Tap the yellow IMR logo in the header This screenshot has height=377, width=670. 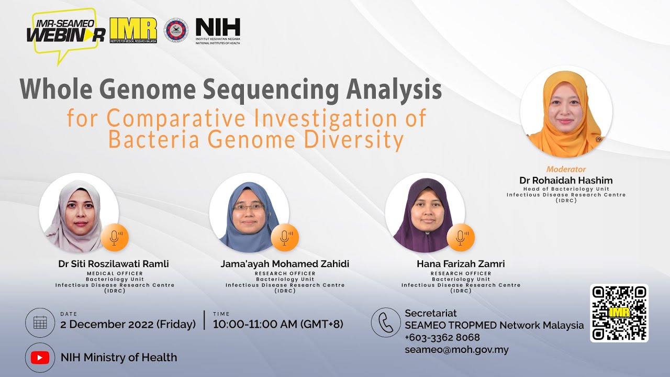[133, 30]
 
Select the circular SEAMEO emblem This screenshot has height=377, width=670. [176, 30]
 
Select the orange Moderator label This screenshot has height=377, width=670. [566, 169]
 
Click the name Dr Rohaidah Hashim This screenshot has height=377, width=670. [566, 180]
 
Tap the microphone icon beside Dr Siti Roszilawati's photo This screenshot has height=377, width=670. [115, 237]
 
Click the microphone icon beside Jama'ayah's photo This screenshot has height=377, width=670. [285, 237]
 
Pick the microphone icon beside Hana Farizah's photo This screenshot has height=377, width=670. [461, 237]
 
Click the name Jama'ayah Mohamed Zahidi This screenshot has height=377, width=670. [285, 264]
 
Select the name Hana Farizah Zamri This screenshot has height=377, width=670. [461, 264]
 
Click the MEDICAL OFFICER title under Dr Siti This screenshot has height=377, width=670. [115, 273]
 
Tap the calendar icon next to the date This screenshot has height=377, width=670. [40, 323]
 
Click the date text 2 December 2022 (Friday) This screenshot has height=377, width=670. [128, 324]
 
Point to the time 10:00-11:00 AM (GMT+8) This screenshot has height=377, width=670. [278, 324]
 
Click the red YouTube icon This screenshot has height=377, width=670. [40, 358]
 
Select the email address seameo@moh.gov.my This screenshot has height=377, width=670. [456, 350]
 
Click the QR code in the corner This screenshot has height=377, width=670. [619, 313]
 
